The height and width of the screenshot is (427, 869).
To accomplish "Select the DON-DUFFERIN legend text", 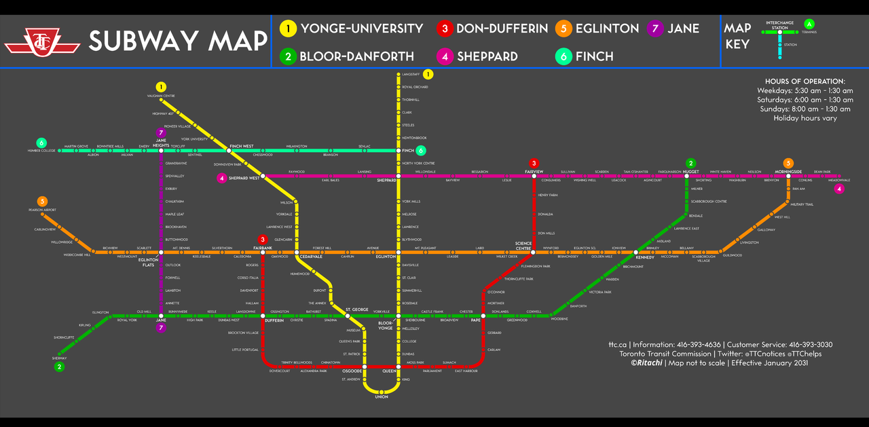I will tap(502, 29).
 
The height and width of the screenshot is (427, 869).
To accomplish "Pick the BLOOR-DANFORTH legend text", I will tap(356, 56).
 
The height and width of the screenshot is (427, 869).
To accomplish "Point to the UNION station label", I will tap(382, 397).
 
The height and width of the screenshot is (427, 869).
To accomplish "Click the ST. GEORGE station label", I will tap(356, 310).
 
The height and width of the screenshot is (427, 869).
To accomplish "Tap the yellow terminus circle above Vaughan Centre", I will tap(161, 87).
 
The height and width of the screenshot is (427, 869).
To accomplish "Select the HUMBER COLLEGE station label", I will tap(42, 150).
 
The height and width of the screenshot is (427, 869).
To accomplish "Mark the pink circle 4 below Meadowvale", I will tap(840, 189).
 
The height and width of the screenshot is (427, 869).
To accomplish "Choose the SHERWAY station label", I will tap(60, 358).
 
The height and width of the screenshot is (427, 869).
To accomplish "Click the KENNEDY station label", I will tap(645, 258).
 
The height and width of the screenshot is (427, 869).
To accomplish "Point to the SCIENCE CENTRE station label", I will tap(523, 246).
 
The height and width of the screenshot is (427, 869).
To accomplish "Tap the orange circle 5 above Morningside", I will tap(788, 163).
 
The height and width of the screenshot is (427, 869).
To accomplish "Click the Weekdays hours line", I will tap(805, 90).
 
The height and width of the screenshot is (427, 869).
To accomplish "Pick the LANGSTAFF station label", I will tap(411, 74).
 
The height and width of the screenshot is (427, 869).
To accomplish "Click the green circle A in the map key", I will tap(809, 24).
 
